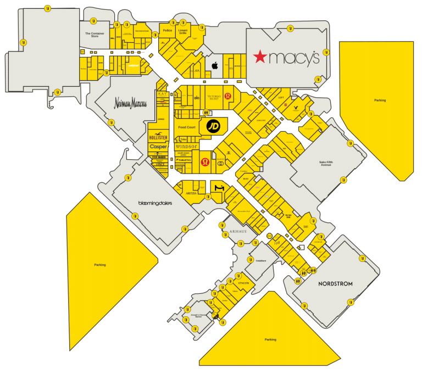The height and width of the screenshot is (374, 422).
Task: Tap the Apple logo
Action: click(215, 65)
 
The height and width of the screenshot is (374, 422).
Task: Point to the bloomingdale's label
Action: click(155, 203)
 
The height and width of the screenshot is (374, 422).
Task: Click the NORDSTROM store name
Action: click(335, 284)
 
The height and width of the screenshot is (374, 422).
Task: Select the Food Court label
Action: click(187, 127)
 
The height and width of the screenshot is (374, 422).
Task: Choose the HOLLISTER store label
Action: click(158, 137)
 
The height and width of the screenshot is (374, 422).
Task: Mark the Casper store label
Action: click(158, 147)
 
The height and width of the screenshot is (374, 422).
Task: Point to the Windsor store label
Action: click(186, 147)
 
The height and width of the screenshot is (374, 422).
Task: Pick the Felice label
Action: click(168, 30)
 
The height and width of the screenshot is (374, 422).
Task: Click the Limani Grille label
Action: click(184, 31)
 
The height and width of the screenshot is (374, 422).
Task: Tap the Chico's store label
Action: click(243, 283)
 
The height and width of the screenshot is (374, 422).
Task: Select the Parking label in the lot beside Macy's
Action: click(380, 101)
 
